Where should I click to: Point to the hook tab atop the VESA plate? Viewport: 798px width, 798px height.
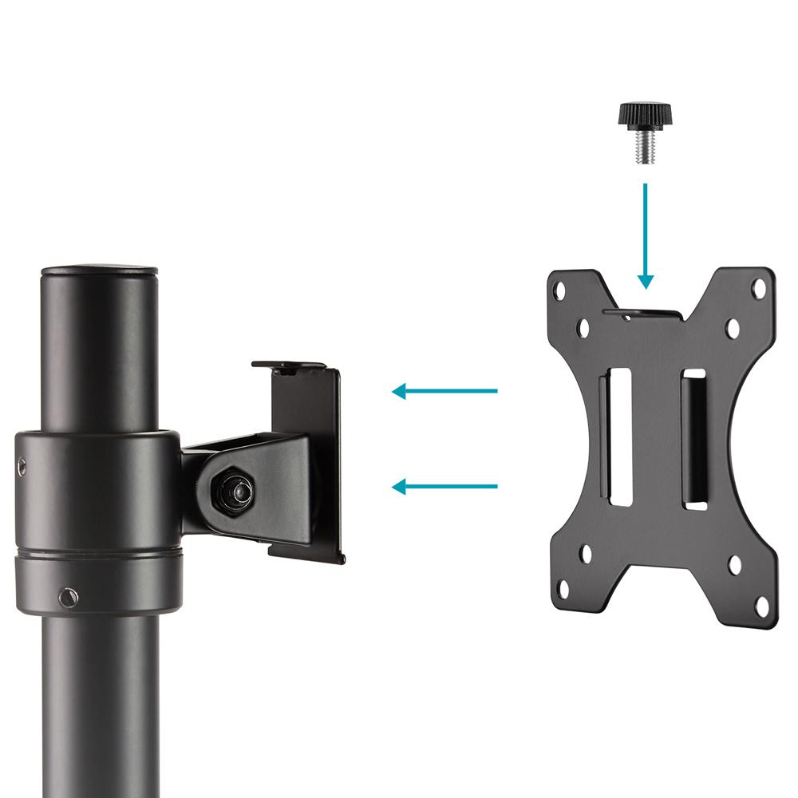pos(644,312)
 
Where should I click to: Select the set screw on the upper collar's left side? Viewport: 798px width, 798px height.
pos(19,463)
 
